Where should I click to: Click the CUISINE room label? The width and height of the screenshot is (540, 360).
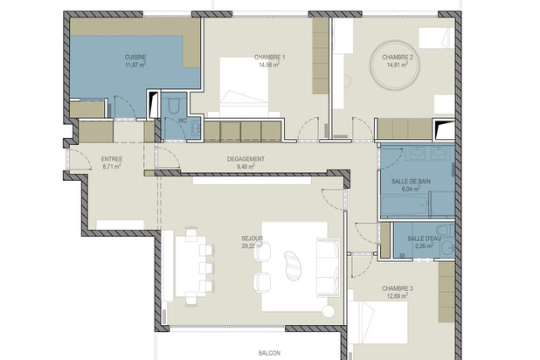tap(135, 57)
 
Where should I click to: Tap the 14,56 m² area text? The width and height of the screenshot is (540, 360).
tap(269, 65)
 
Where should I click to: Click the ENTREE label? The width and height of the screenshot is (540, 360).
tap(112, 159)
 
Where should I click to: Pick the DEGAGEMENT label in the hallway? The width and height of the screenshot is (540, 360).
tap(246, 159)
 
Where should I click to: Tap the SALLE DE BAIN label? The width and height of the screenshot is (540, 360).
tap(411, 181)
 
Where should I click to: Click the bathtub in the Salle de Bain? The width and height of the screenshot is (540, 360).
tap(405, 206)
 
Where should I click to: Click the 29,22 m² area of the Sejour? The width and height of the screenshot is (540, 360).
tap(253, 246)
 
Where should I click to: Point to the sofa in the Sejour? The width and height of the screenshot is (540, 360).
tap(329, 267)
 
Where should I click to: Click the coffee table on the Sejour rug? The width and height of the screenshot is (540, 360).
tap(293, 265)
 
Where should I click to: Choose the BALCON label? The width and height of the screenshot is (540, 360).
tap(269, 353)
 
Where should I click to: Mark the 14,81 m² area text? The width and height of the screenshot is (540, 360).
tap(398, 65)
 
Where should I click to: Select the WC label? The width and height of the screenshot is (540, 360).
tap(183, 121)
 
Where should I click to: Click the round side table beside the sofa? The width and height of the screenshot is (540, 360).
tap(329, 311)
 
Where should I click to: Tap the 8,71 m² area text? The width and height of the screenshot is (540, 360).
tap(112, 166)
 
